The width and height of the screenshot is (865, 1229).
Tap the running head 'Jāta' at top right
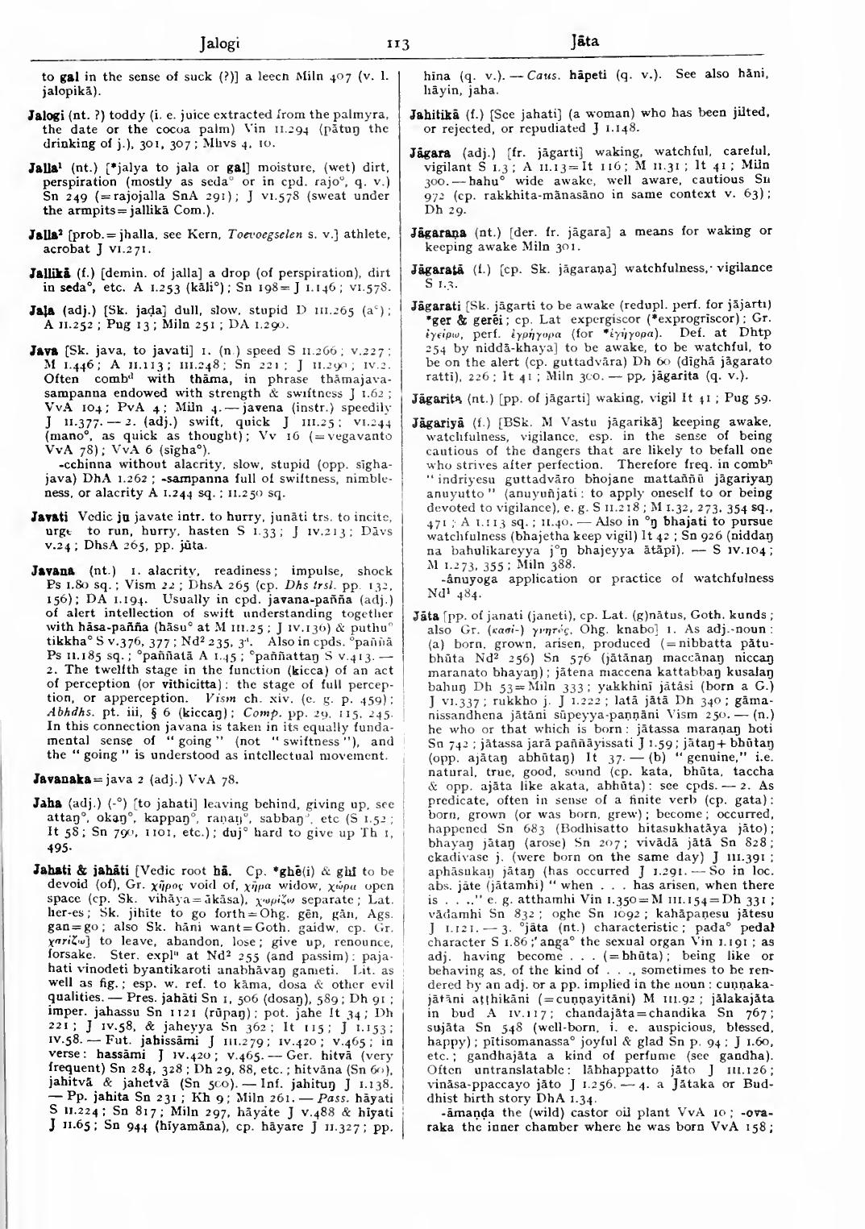[x=584, y=41]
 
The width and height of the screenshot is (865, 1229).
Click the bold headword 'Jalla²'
[x=44, y=234]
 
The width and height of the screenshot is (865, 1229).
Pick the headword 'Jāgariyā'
[x=437, y=421]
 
